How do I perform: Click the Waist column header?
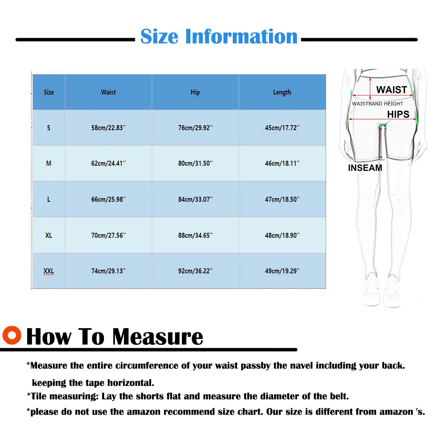(108, 92)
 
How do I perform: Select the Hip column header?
(195, 92)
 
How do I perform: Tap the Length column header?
(282, 92)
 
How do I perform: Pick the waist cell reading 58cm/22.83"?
(108, 128)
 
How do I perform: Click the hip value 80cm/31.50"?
(195, 164)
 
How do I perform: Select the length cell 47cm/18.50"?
(282, 199)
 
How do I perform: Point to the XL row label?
(49, 235)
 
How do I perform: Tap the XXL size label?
(49, 271)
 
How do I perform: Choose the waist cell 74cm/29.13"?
(108, 271)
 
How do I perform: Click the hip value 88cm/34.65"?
(195, 235)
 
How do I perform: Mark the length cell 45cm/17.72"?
(282, 128)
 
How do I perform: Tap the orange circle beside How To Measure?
(12, 335)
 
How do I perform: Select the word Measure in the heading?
(158, 337)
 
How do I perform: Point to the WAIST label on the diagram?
(392, 90)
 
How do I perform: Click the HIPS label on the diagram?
(398, 114)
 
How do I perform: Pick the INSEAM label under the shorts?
(365, 168)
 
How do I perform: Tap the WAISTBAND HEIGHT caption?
(378, 104)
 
